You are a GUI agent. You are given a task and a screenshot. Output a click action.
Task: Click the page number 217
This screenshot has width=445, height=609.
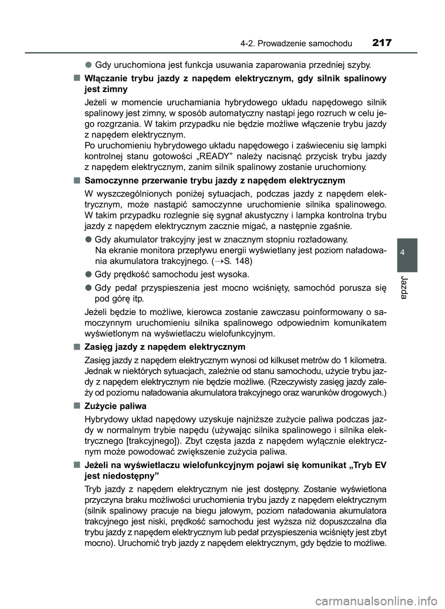381,43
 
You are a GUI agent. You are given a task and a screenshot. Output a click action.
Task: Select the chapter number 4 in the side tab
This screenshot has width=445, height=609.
407,252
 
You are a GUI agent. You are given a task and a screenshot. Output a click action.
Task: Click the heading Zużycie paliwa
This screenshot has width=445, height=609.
115,406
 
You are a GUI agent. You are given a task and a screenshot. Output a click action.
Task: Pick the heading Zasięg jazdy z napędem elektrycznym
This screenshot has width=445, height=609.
165,346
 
